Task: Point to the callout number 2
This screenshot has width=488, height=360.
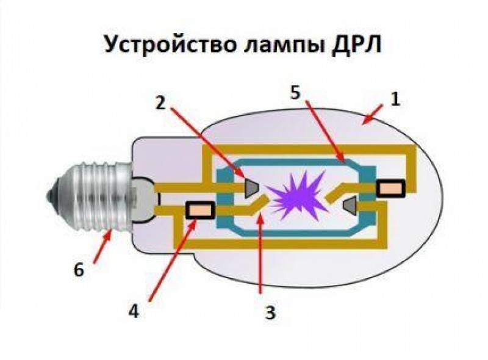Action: click(x=160, y=102)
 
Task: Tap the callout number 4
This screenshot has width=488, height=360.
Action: click(x=134, y=311)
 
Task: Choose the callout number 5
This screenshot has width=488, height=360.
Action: click(x=295, y=93)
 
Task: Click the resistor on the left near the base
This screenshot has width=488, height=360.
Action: click(x=198, y=211)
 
